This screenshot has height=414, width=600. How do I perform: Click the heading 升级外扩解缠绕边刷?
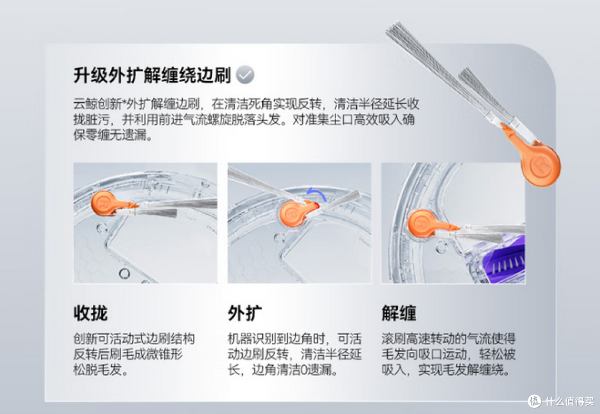[x=152, y=75]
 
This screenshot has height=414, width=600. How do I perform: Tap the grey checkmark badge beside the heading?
[x=245, y=74]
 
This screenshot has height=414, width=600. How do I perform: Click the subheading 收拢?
[x=91, y=313]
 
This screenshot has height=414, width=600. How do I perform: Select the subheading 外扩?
[x=245, y=313]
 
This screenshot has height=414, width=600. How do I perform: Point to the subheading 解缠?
[x=399, y=313]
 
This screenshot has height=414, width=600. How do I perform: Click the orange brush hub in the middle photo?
[x=294, y=213]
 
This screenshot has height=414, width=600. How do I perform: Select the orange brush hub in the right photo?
[x=422, y=224]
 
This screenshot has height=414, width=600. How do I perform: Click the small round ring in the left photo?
[x=124, y=274]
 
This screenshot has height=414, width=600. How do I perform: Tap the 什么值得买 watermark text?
[x=569, y=401]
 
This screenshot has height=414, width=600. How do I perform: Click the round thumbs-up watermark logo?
[x=535, y=401]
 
